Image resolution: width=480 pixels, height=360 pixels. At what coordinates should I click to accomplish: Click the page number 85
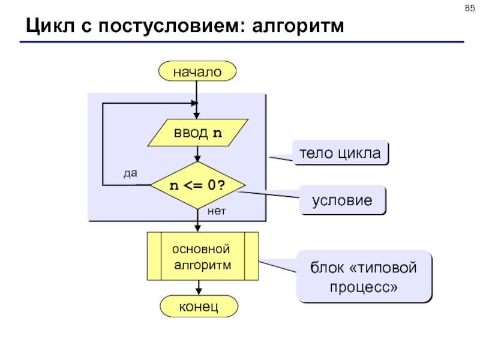coord(470,8)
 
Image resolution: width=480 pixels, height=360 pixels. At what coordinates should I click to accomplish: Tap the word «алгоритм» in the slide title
coord(298,26)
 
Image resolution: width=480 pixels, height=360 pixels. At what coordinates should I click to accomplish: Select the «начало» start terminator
coord(197,71)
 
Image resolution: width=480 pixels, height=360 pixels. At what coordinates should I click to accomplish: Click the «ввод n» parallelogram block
coord(198,133)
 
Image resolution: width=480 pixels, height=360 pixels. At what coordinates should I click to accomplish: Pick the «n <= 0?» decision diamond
coord(198,185)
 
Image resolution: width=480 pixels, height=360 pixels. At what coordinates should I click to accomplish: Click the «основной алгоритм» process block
coord(203,256)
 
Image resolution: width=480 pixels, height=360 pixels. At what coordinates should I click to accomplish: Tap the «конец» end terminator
coord(199,306)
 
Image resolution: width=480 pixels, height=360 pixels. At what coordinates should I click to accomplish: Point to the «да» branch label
coord(130,173)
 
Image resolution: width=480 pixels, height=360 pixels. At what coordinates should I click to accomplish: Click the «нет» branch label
coord(217,211)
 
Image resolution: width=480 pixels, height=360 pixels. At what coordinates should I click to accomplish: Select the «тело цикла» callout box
coord(340,153)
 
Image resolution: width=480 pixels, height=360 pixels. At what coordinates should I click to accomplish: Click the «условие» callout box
coord(342,200)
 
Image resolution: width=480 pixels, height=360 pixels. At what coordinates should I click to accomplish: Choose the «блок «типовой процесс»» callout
coord(364,277)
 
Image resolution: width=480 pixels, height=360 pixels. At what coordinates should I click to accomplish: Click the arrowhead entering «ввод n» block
coord(197,116)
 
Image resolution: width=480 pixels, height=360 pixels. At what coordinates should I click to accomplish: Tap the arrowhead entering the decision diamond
coord(197,158)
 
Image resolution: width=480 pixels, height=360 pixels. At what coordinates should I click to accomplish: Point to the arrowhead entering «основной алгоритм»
coord(198,229)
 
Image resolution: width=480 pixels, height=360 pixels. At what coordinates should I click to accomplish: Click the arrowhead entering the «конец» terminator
coord(199,292)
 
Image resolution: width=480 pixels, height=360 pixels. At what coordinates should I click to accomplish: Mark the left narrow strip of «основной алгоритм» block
coord(154,256)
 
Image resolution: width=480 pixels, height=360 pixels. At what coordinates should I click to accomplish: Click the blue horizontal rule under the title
coord(242,41)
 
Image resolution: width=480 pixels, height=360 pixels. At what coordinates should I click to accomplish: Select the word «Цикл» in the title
coord(50,26)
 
